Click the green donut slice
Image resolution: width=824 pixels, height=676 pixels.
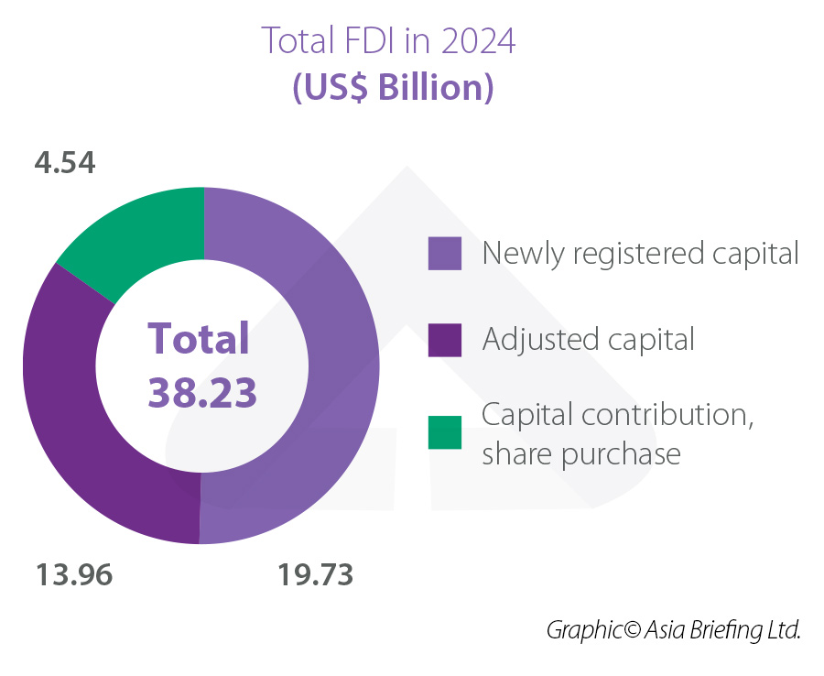(x=137, y=235)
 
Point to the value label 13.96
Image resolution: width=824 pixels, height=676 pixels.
(x=74, y=575)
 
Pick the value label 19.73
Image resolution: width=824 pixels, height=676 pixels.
(x=315, y=575)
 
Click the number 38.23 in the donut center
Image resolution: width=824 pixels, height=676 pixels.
(x=202, y=391)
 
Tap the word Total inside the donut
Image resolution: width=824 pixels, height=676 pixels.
(x=200, y=338)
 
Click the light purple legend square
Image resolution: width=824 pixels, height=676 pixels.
(x=445, y=253)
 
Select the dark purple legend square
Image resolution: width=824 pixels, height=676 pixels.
(x=445, y=340)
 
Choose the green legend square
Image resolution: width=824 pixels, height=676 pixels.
(x=445, y=432)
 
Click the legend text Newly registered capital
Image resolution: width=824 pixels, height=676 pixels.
(x=640, y=253)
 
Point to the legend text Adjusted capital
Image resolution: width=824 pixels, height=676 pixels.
(x=588, y=340)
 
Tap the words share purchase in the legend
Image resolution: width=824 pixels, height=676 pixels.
(x=581, y=453)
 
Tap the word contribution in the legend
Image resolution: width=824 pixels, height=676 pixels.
(x=663, y=415)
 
